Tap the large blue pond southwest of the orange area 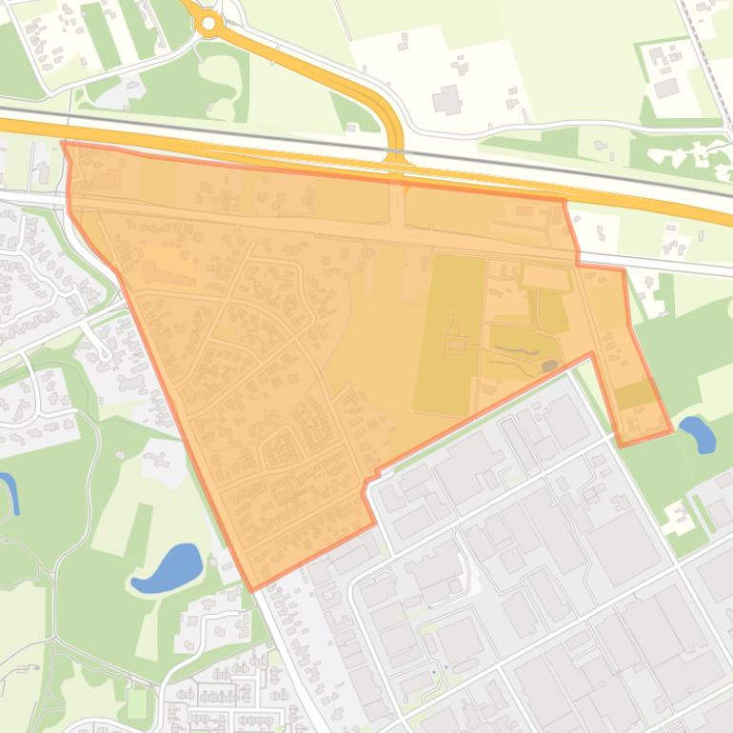pos(168,568)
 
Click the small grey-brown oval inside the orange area pos(549,366)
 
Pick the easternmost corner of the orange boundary pos(672,430)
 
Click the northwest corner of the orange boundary pos(63,144)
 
